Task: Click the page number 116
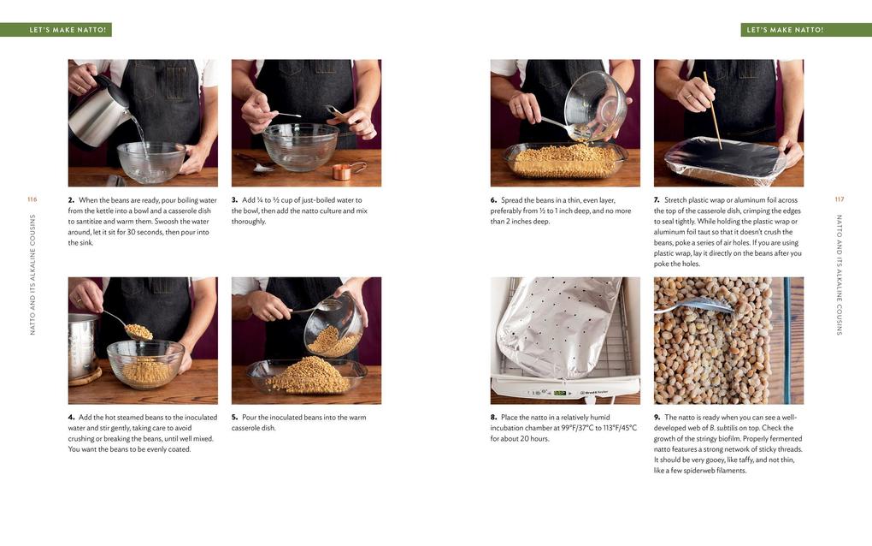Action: [32, 199]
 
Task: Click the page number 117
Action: [839, 199]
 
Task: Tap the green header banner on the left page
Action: [56, 30]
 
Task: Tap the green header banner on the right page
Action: [805, 30]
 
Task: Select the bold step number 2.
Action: [72, 200]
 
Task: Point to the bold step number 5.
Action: [235, 418]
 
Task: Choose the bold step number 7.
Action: [657, 200]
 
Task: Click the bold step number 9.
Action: [657, 418]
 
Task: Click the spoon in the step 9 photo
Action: [692, 306]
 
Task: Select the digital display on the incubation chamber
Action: [560, 393]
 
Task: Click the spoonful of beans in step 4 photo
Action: [138, 331]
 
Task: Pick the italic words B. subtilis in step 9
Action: [721, 428]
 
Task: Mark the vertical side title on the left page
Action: [32, 274]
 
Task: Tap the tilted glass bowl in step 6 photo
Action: [595, 107]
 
